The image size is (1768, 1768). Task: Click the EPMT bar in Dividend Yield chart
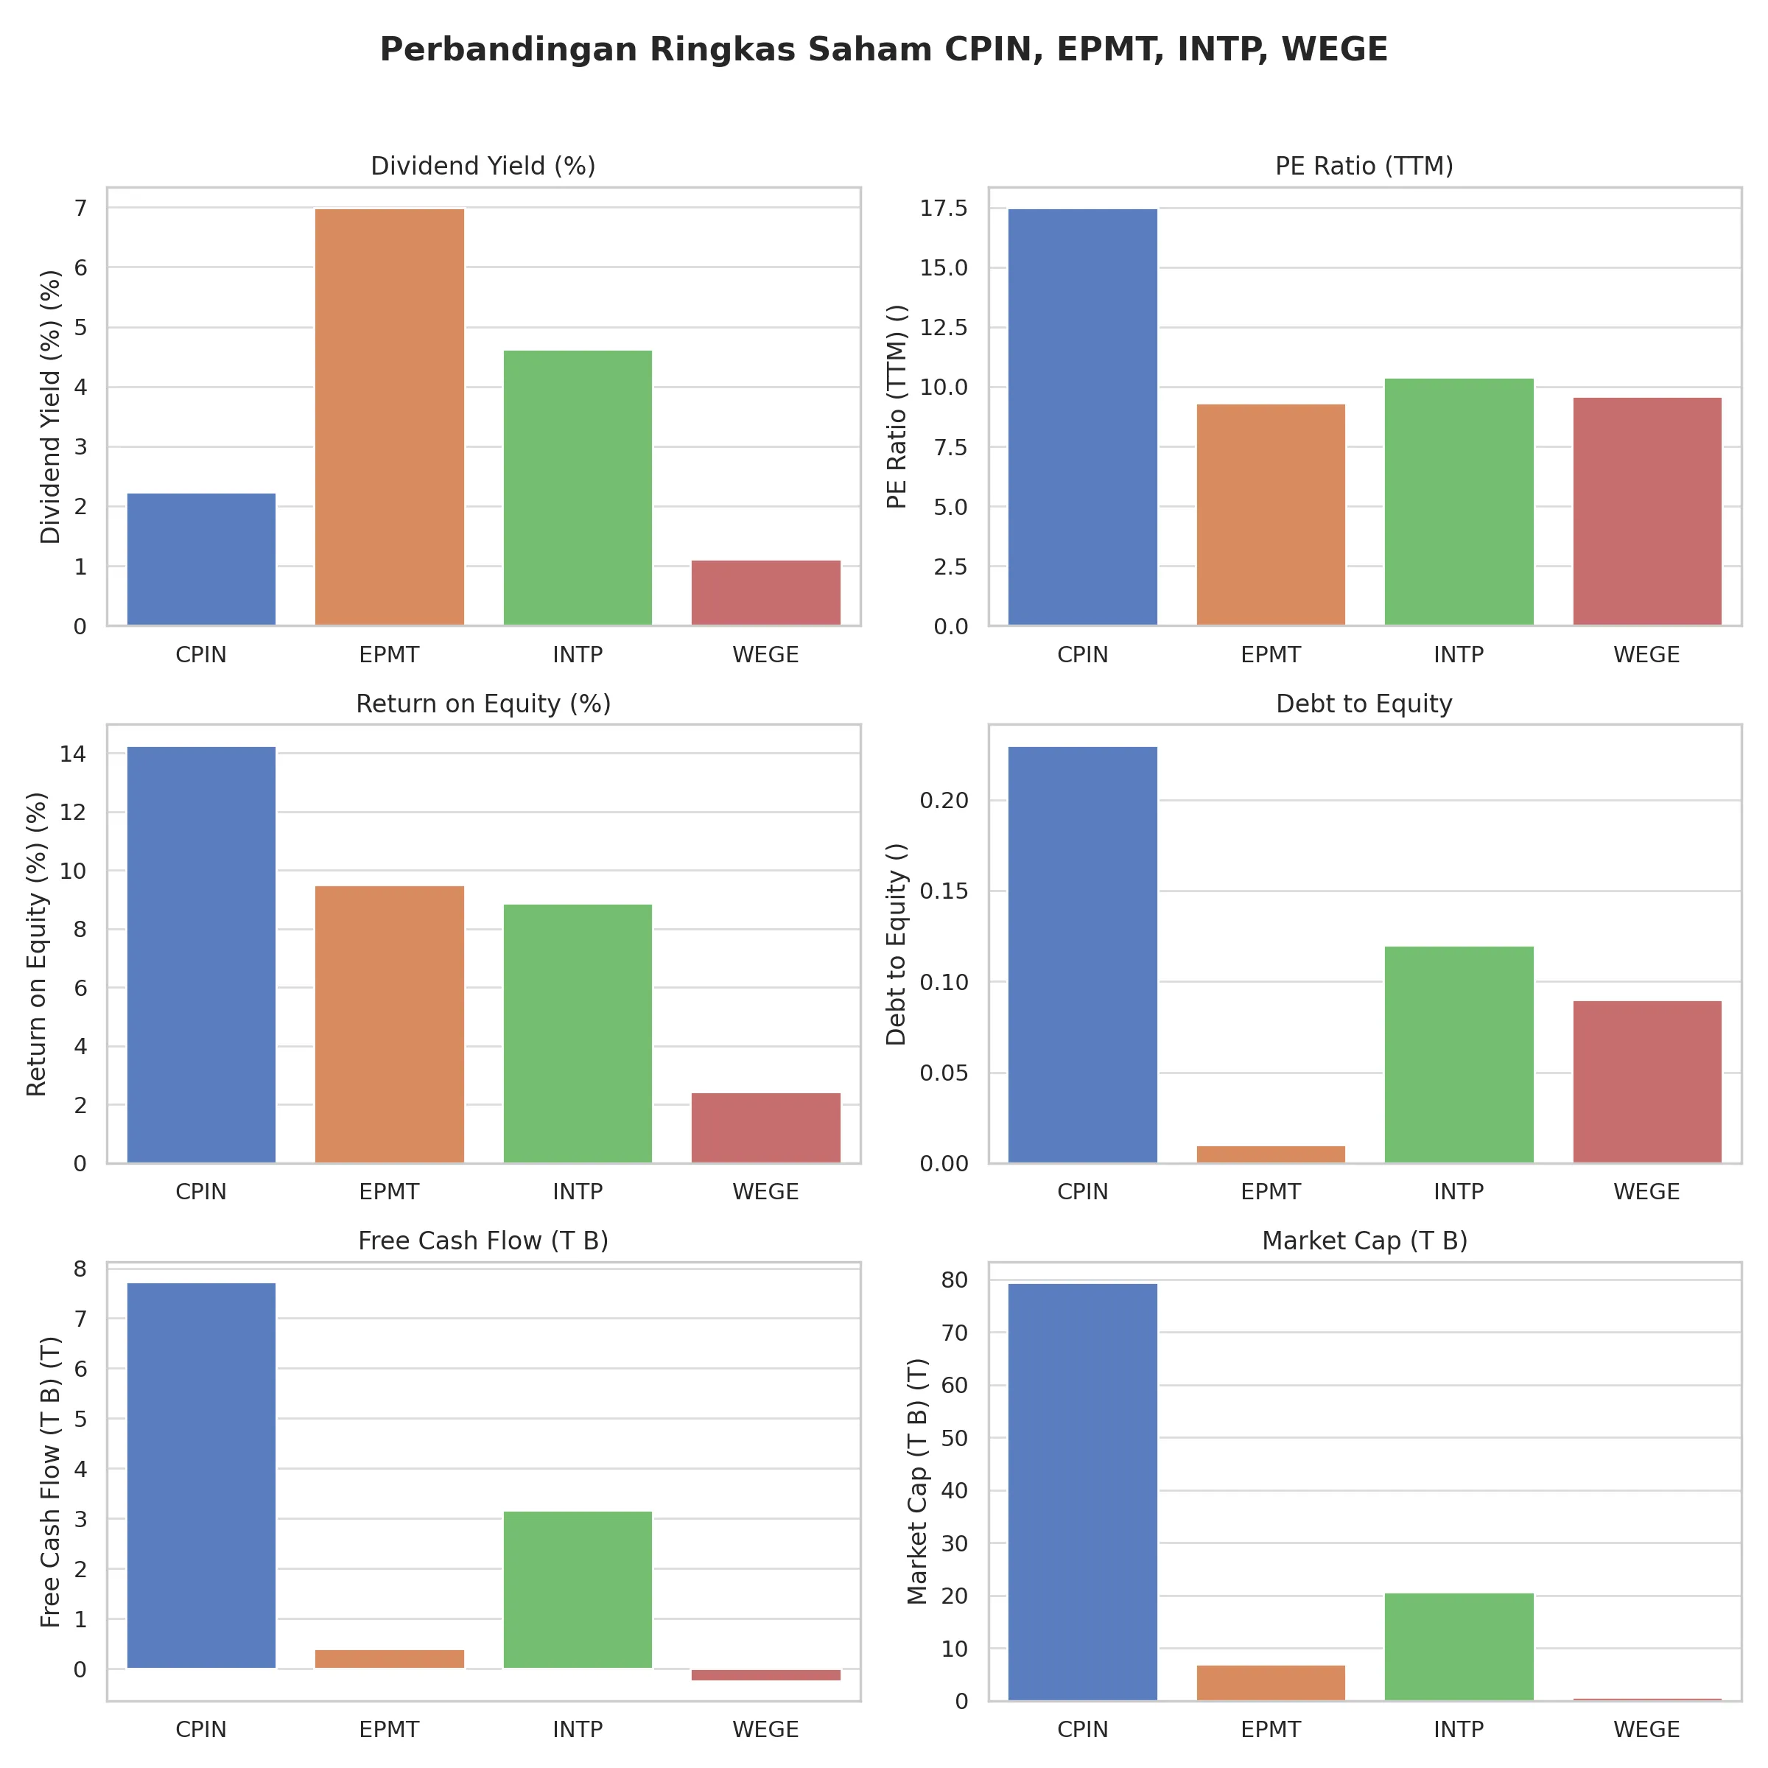pyautogui.click(x=389, y=416)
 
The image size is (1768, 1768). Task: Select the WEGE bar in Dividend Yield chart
pyautogui.click(x=766, y=592)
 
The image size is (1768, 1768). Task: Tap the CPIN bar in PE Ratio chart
pyautogui.click(x=1083, y=416)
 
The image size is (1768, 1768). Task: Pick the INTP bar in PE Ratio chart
pyautogui.click(x=1459, y=502)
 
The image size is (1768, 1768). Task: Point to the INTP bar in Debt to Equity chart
pyautogui.click(x=1459, y=1054)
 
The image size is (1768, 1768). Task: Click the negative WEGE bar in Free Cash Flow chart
pyautogui.click(x=766, y=1674)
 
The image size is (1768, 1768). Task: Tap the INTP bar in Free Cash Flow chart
pyautogui.click(x=578, y=1590)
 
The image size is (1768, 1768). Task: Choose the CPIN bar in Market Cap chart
pyautogui.click(x=1083, y=1492)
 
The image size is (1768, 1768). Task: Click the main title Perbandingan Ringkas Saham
pyautogui.click(x=883, y=49)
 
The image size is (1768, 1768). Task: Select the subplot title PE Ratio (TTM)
pyautogui.click(x=1364, y=166)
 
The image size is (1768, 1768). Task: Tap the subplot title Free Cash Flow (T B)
pyautogui.click(x=483, y=1241)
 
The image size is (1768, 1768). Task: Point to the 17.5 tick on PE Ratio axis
pyautogui.click(x=943, y=208)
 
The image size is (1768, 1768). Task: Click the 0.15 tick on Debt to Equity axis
pyautogui.click(x=943, y=891)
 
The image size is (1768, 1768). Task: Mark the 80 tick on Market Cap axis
pyautogui.click(x=955, y=1280)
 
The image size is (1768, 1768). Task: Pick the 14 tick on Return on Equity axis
pyautogui.click(x=73, y=754)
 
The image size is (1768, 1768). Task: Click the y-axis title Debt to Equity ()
pyautogui.click(x=896, y=944)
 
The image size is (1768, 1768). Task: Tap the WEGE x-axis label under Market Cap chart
pyautogui.click(x=1646, y=1730)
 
